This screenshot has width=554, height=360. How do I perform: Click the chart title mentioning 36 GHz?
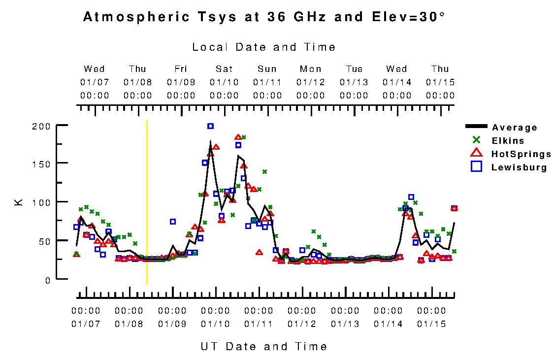click(264, 17)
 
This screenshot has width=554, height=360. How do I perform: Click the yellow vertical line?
click(147, 202)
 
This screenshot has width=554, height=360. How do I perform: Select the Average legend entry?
click(515, 128)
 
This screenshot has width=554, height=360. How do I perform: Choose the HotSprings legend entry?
click(521, 154)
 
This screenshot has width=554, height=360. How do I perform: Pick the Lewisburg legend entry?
click(519, 167)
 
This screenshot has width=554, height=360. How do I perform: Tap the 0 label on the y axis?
click(48, 280)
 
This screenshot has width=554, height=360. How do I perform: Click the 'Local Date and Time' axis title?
click(264, 47)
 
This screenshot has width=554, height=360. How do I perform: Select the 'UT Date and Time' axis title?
click(264, 346)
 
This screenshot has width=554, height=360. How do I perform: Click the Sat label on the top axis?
click(224, 69)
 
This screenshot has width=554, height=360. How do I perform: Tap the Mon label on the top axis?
click(311, 69)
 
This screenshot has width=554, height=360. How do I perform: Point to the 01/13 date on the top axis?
click(354, 81)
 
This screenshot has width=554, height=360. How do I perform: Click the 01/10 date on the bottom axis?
click(215, 324)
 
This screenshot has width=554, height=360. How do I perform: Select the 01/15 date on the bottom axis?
click(431, 324)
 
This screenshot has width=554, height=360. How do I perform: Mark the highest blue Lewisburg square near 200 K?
click(210, 126)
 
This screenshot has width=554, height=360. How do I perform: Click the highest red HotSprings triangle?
click(238, 137)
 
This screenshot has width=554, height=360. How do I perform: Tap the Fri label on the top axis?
click(181, 69)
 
